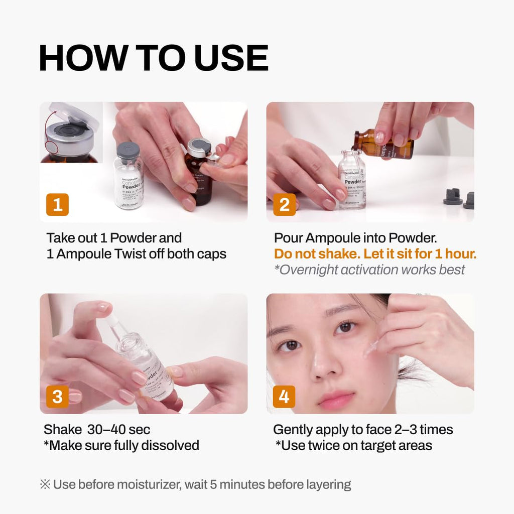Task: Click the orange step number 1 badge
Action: coord(57,205)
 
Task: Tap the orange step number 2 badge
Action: coord(284,205)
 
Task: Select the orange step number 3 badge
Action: coord(57,397)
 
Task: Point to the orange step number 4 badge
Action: coord(284,397)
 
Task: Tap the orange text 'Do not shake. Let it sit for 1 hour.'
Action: coord(375,253)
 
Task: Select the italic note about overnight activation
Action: coord(369,270)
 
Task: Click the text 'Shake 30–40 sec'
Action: coord(97,430)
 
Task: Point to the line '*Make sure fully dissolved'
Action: coord(121,445)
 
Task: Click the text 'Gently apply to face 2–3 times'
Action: coord(363,430)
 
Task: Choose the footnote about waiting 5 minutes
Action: coord(195,484)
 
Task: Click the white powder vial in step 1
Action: coord(128,181)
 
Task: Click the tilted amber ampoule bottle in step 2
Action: coord(384,144)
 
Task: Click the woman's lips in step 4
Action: coord(335,400)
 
